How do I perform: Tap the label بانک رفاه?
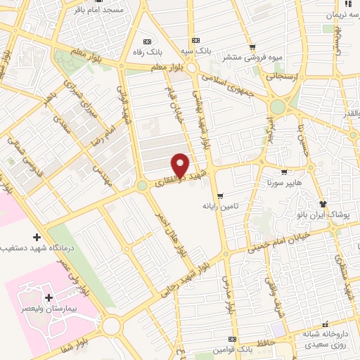point(148,52)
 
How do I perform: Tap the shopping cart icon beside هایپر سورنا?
point(283,172)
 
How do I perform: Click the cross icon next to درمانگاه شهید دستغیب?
point(37,237)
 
